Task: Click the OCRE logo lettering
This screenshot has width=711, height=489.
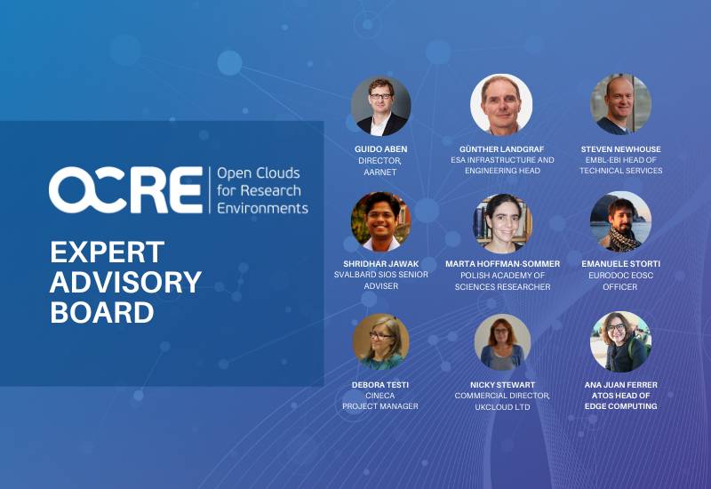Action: click(125, 189)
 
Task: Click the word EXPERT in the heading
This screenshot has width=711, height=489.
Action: click(107, 253)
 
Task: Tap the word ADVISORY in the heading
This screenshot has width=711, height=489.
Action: click(125, 282)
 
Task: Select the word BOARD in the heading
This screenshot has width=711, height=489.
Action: click(102, 313)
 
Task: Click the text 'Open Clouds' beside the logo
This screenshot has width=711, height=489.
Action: click(259, 173)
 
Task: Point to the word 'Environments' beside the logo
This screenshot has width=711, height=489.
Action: click(262, 208)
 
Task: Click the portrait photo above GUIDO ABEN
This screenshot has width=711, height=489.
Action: click(381, 106)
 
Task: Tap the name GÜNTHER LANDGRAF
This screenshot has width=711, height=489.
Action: click(501, 149)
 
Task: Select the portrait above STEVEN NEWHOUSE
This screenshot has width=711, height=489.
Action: click(620, 104)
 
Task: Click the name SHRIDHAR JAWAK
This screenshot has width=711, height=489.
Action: click(381, 264)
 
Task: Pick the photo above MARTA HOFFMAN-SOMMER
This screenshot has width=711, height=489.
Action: click(502, 223)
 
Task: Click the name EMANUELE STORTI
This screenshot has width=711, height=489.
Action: click(620, 264)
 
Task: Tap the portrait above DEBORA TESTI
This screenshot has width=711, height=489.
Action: click(381, 341)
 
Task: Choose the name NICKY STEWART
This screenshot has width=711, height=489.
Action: click(502, 385)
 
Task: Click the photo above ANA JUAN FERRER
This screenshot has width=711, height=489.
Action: click(620, 341)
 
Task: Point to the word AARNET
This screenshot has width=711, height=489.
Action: click(380, 172)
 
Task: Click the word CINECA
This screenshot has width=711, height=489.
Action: click(380, 396)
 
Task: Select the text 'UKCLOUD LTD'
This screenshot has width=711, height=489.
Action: click(502, 407)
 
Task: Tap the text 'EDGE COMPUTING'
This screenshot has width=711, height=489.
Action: click(620, 406)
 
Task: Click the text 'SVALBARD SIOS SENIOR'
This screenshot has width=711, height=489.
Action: click(381, 275)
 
